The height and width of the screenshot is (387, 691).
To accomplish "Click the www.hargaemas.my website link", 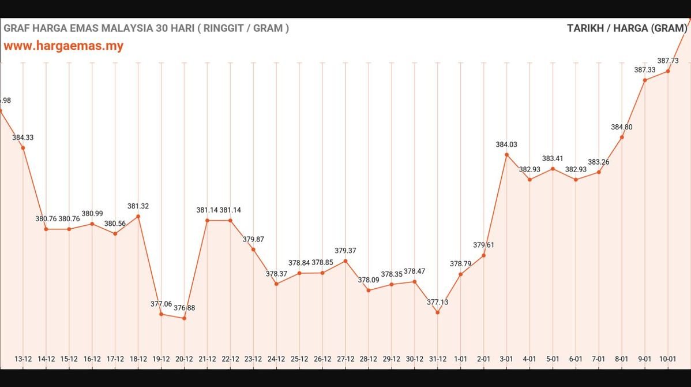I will click(x=63, y=46).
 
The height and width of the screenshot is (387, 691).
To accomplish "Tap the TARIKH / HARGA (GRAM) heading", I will click(x=627, y=28).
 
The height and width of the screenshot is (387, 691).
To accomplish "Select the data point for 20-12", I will click(x=184, y=318).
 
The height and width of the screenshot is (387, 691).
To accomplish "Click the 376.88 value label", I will click(x=184, y=308).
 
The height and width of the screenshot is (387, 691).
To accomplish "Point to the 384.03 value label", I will click(x=506, y=144).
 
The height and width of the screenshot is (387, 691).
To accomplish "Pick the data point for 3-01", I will click(x=506, y=155).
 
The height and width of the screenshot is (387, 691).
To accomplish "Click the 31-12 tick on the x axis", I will click(x=437, y=359).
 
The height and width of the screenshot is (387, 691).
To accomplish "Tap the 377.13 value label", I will click(x=437, y=302).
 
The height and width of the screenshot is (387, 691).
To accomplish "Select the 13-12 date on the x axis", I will click(x=23, y=359).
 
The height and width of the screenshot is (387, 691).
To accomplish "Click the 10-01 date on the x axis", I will click(x=667, y=359).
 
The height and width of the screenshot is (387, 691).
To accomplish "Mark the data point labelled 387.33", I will click(x=645, y=80).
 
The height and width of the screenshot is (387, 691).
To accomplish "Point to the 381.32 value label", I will click(x=138, y=206).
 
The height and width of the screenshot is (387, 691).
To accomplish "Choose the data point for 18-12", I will click(x=138, y=217).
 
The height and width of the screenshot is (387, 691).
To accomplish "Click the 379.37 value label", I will click(x=345, y=251).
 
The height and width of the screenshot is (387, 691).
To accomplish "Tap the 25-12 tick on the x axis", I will click(x=299, y=359).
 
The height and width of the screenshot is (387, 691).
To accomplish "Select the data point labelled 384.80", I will click(x=622, y=137).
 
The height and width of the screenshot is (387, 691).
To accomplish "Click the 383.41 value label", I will click(x=553, y=158).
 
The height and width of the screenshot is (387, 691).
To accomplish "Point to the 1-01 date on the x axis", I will click(x=460, y=359).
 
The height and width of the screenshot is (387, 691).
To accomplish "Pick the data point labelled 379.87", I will click(x=253, y=250).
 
